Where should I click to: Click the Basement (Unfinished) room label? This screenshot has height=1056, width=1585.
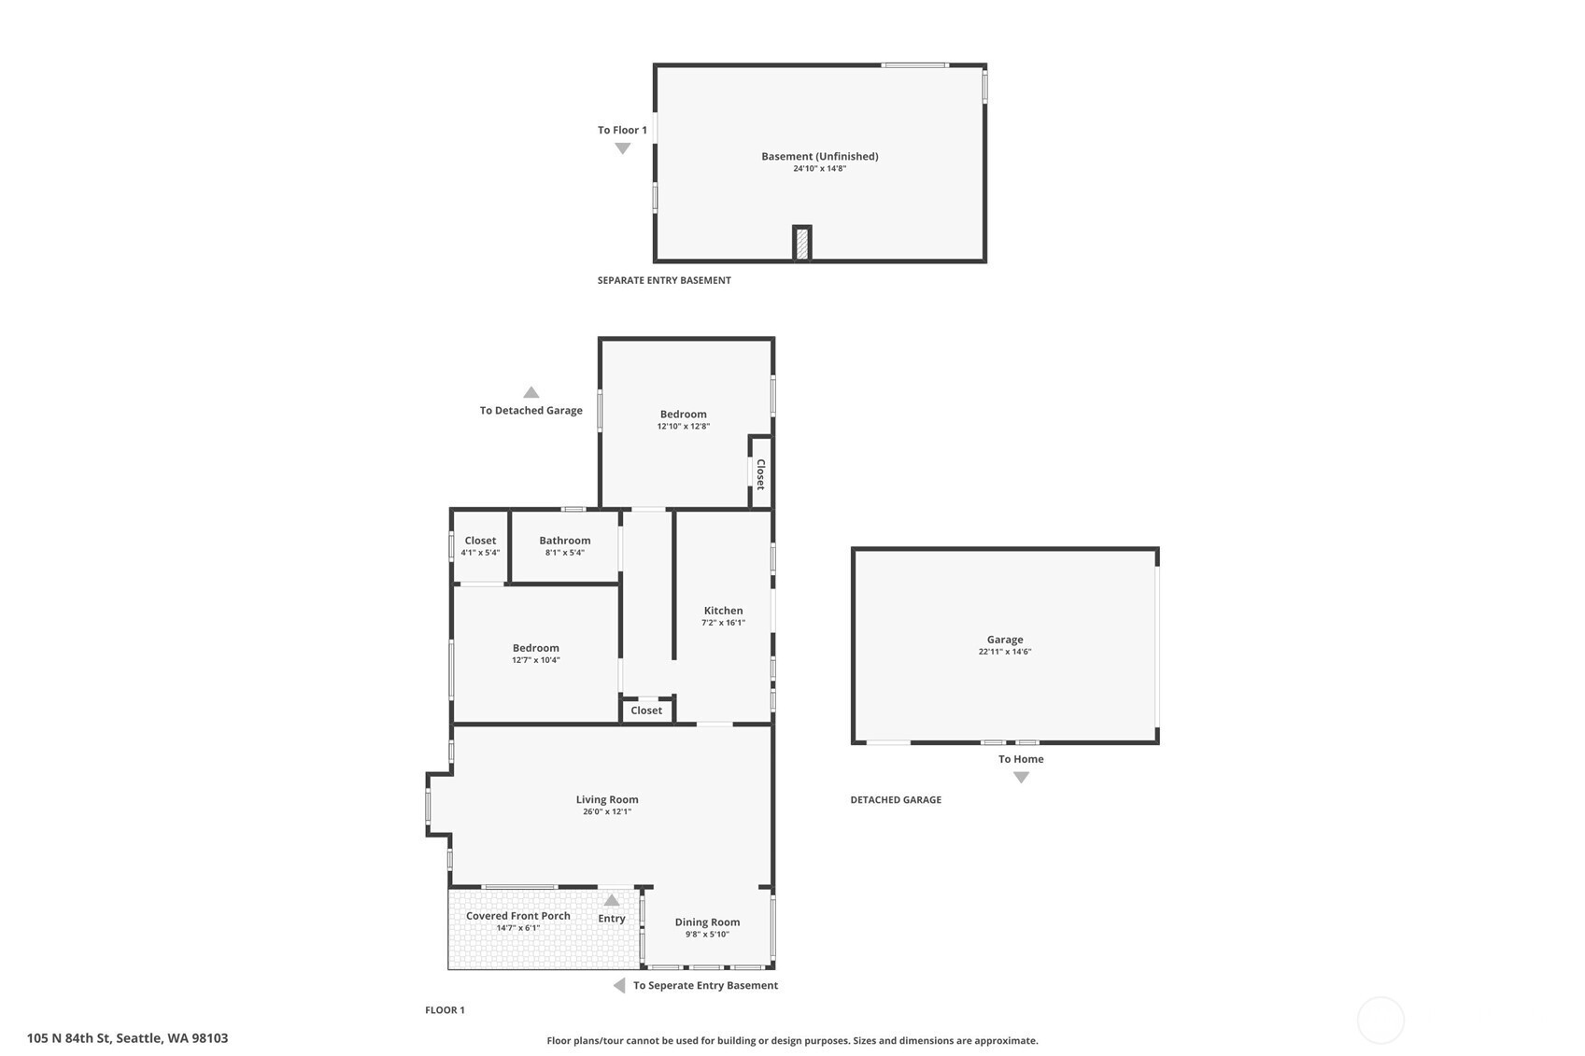coord(819,156)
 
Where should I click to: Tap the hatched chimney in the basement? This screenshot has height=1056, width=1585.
coord(801,244)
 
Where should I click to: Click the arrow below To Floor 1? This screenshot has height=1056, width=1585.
coord(623,148)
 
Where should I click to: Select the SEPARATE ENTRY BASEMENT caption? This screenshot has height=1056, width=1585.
coord(664,280)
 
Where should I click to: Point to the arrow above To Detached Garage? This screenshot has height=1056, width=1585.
coord(531,392)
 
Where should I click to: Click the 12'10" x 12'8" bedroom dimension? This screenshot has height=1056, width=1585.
coord(684,427)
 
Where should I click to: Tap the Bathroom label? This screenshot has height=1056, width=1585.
coord(565,541)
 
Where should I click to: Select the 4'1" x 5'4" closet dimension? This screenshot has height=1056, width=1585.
coord(480,553)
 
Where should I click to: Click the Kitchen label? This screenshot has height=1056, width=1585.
coord(723,611)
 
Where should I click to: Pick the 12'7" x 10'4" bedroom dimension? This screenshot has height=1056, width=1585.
coord(535,660)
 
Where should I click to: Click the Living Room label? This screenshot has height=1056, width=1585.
coord(607,799)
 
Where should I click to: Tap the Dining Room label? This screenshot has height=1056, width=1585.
coord(708,922)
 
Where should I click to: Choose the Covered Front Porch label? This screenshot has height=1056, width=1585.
coord(518,916)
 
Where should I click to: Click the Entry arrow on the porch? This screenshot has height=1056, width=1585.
coord(612,900)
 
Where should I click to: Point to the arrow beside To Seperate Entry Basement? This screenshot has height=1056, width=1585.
coord(619,985)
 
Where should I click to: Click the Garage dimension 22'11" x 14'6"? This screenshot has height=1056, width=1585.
coord(1005,652)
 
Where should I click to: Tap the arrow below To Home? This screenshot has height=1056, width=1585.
coord(1021,778)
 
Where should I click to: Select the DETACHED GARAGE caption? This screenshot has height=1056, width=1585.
coord(896,800)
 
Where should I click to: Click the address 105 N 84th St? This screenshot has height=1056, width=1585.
coord(68,1038)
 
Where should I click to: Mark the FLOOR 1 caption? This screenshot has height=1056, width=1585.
coord(446,1010)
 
